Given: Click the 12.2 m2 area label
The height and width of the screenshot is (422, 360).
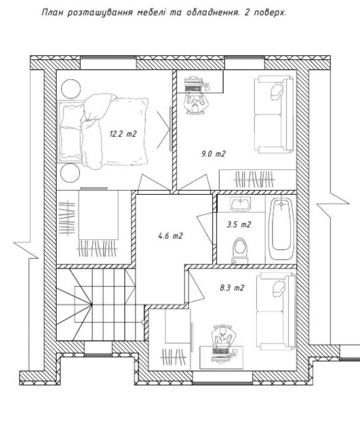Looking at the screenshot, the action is [123, 134].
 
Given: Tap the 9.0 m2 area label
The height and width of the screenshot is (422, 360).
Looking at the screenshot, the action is [213, 154].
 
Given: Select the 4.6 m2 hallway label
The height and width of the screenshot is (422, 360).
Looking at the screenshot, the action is [171, 236].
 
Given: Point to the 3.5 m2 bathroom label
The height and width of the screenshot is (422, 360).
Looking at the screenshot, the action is [239, 224].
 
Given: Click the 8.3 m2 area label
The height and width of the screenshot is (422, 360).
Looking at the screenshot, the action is [232, 288].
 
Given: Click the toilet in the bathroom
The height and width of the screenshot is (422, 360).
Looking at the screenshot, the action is [240, 250].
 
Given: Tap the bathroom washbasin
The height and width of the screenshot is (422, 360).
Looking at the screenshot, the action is [240, 203].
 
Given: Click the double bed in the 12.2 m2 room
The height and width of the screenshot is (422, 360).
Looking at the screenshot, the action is [103, 132].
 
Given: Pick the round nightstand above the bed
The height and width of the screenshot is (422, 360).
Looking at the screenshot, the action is [70, 89].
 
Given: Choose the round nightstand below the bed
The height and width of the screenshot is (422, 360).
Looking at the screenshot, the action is [70, 173].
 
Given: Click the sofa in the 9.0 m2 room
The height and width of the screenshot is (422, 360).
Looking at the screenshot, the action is [274, 115].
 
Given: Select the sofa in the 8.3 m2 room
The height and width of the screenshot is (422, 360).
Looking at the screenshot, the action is [276, 312].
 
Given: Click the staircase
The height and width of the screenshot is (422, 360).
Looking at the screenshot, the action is [99, 304].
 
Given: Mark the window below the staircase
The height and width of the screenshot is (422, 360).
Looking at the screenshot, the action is [98, 348].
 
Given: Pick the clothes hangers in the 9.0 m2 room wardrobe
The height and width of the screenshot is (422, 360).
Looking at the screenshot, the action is [254, 180].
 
